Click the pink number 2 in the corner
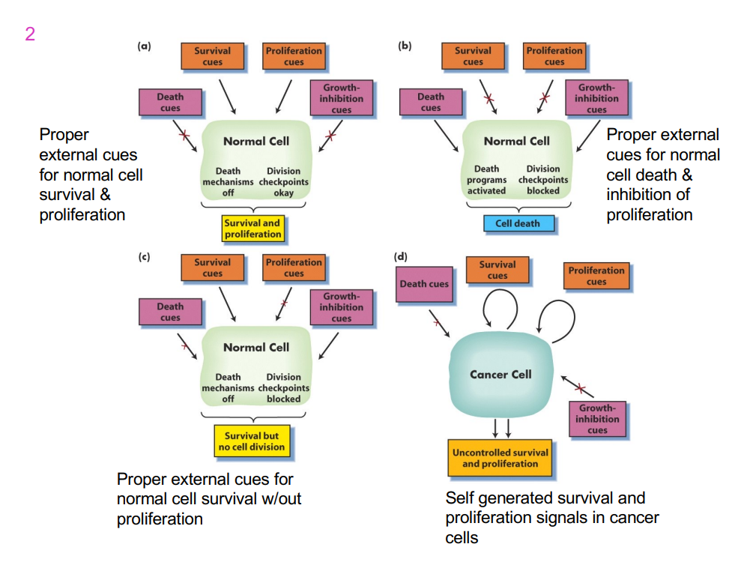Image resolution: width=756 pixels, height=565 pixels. [29, 34]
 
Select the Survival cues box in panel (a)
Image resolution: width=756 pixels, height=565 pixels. [212, 56]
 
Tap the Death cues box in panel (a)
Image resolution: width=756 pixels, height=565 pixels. [170, 102]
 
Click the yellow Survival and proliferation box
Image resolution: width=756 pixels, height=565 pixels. [253, 229]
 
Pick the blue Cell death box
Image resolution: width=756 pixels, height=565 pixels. [517, 223]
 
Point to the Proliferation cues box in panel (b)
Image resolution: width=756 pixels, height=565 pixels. [554, 56]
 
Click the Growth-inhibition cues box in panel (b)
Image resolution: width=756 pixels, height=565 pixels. [596, 98]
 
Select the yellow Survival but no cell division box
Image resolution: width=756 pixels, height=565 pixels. [252, 441]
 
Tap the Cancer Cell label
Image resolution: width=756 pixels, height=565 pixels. [501, 374]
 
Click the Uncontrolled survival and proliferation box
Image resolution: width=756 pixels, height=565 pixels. [500, 458]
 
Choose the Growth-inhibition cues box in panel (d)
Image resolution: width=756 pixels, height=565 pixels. [597, 419]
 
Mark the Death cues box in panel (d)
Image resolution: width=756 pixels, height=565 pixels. [424, 284]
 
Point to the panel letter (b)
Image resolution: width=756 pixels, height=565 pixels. [405, 46]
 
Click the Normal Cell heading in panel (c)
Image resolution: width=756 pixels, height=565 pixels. [255, 348]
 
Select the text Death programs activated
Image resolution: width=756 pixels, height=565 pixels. [486, 180]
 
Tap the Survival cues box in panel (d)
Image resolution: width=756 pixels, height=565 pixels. [498, 270]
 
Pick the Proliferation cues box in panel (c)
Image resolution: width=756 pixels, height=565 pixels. [294, 268]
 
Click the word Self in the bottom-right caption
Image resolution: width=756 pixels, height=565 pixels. [460, 498]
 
